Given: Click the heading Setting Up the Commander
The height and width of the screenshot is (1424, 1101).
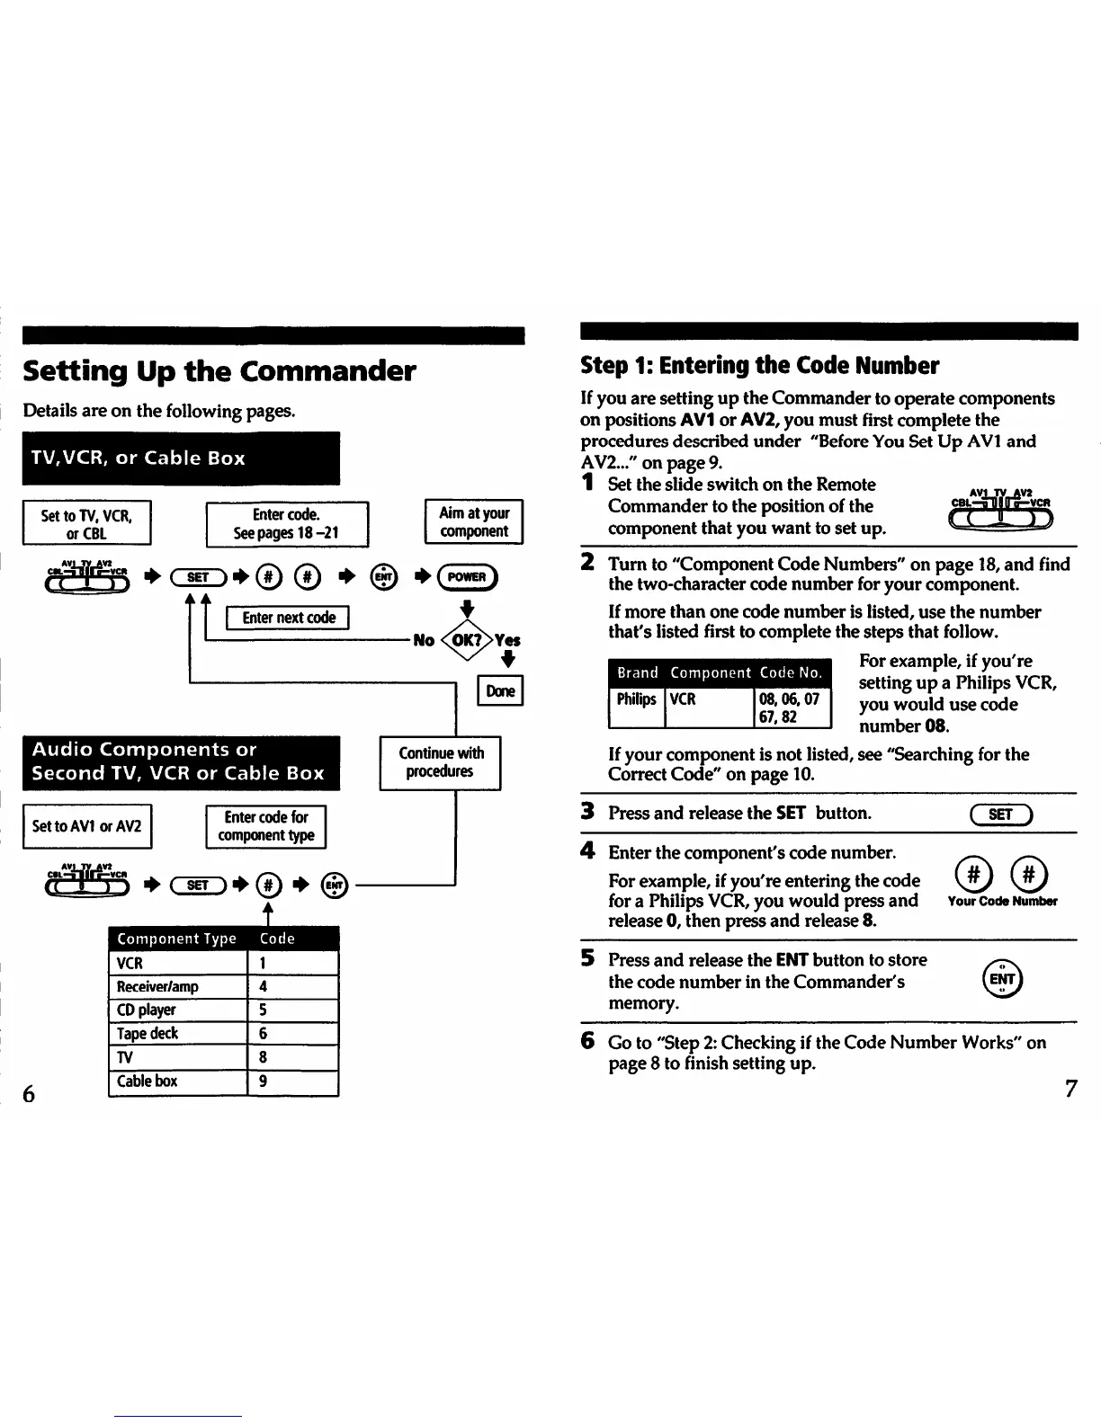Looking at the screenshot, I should pos(219,370).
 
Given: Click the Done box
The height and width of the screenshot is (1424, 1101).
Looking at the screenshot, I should pos(500,690).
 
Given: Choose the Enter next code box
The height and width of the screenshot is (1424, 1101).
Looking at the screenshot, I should pos(288,618).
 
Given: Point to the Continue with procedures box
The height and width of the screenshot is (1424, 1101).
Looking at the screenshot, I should pos(440,762).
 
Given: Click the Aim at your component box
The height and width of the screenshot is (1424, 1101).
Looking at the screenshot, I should pos(473,521).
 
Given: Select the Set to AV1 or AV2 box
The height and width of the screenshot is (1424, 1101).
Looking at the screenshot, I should pos(86,826).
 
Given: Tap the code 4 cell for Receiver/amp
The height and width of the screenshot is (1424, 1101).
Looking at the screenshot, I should pos(292,986).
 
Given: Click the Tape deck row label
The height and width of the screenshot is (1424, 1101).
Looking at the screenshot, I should pos(177,1034).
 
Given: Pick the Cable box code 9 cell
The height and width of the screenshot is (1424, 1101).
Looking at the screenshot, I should pos(292,1081).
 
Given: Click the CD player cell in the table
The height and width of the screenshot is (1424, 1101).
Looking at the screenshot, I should pos(177,1010).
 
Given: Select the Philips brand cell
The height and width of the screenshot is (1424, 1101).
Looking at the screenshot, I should pos(636,699).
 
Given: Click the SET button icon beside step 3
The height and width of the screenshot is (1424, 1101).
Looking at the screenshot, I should pos(1000,815).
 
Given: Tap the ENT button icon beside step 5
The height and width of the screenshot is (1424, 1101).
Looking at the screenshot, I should pos(1002,980).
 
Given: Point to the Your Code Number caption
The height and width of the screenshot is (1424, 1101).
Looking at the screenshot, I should pos(1002,901).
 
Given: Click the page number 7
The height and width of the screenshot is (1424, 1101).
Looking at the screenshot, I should pos(1070,1089).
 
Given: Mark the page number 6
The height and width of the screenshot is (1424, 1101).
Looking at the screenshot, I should pos(29,1093).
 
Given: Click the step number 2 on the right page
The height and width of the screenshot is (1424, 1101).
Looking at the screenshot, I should pos(587,563).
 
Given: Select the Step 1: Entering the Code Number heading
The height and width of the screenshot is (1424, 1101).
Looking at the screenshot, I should pos(760,366).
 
